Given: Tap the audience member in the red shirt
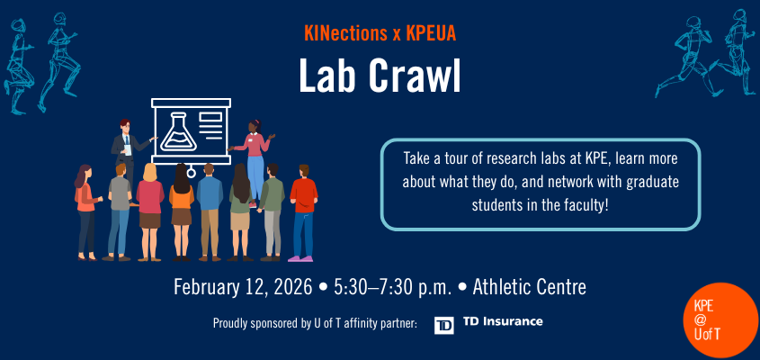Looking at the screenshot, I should [304, 211].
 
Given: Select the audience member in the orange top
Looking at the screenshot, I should [85, 211].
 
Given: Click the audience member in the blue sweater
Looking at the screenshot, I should [210, 211].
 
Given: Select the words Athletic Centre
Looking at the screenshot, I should [529, 288].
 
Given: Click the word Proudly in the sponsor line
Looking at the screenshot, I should [233, 323].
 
